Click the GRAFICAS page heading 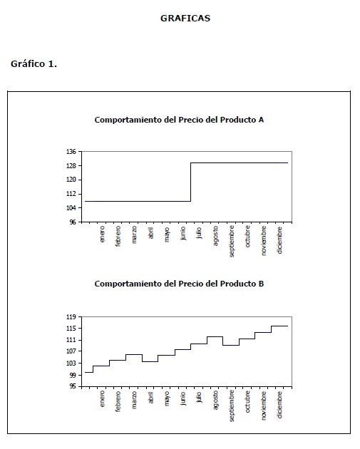point(185,18)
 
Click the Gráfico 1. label point(34,64)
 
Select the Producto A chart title point(179,120)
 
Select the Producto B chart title point(179,284)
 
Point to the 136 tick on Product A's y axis point(71,152)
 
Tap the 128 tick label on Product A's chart point(71,166)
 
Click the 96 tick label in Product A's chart point(73,222)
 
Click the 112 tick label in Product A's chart point(71,194)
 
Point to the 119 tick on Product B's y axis point(71,317)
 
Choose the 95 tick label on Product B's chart point(73,386)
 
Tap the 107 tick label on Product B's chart point(71,351)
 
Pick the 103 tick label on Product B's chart point(71,363)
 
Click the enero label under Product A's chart point(102,234)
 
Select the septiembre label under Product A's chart point(232,241)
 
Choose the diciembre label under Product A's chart point(280,240)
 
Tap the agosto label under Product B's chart point(216,400)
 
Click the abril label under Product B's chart point(151,398)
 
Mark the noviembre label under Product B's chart point(264,406)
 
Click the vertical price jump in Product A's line point(191,182)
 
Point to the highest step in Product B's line point(279,326)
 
